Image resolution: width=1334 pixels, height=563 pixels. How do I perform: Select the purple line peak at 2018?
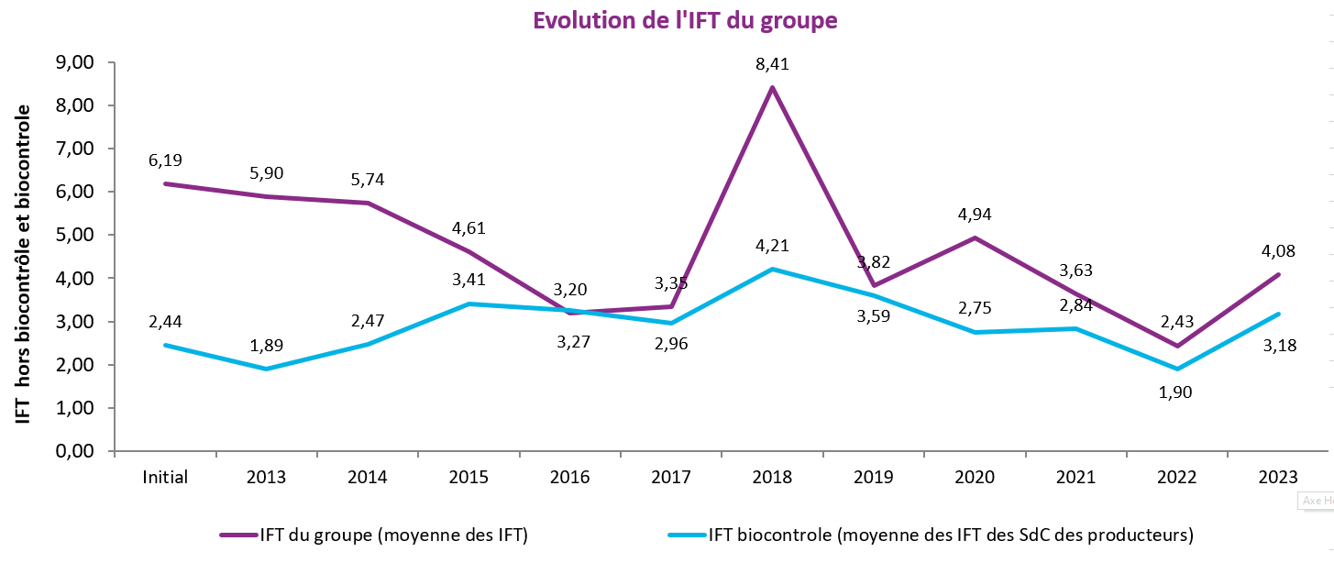point(772,87)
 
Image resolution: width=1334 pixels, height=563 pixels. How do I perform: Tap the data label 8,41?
point(772,64)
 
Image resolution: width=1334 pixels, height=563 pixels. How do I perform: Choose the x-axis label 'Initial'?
point(165,477)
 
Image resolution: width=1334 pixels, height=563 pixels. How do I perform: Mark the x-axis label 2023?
point(1278,477)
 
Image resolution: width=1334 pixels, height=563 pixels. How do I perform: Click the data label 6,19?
point(165,160)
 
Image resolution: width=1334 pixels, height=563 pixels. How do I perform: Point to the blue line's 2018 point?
point(772,269)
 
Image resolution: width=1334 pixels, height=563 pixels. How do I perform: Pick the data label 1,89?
point(267,347)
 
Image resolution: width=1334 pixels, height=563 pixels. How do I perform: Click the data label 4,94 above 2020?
point(975,215)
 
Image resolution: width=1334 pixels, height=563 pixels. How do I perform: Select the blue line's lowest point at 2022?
point(1177,369)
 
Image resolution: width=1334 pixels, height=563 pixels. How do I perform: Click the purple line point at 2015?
point(469,251)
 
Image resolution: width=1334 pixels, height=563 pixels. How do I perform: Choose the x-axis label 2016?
point(569,477)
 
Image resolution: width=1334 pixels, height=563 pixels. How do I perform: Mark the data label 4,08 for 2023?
point(1278,250)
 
